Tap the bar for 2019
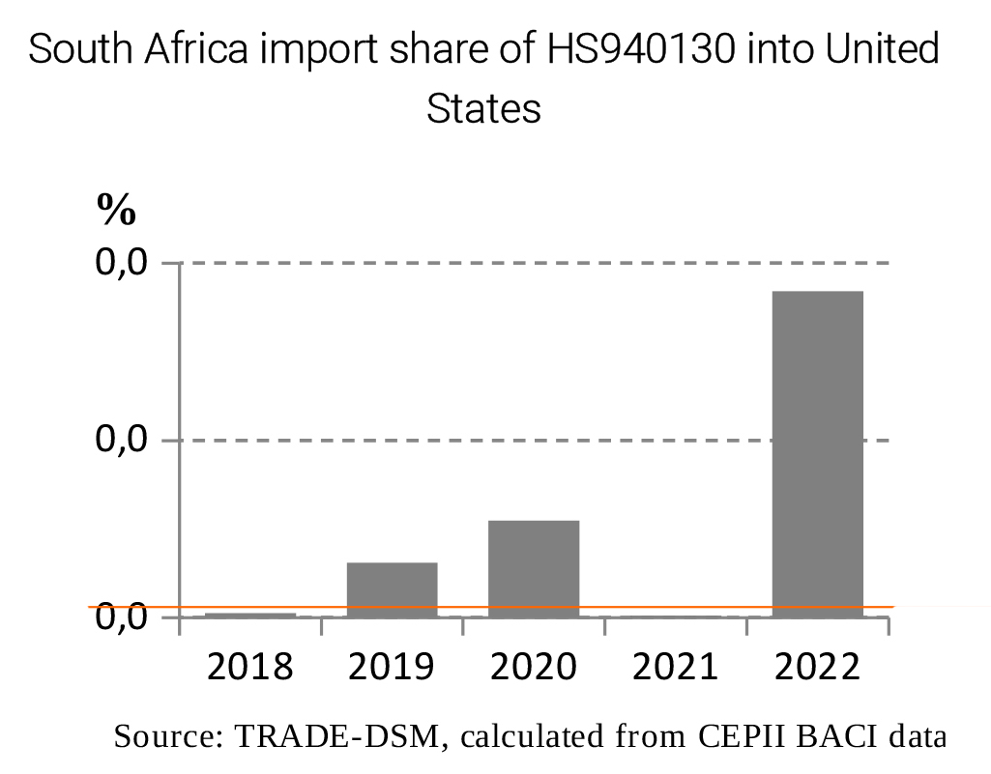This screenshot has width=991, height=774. tap(392, 588)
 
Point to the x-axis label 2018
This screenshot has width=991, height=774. tap(250, 666)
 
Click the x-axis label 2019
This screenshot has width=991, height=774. tap(392, 666)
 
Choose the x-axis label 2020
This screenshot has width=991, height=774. tap(534, 666)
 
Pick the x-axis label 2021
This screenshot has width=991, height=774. tap(675, 666)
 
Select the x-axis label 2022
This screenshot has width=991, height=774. tap(817, 666)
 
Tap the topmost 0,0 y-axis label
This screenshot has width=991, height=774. tap(121, 263)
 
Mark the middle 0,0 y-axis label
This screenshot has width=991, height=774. tap(121, 441)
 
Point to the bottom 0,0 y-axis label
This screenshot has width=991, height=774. tap(121, 616)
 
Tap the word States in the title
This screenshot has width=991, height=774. tap(483, 108)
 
